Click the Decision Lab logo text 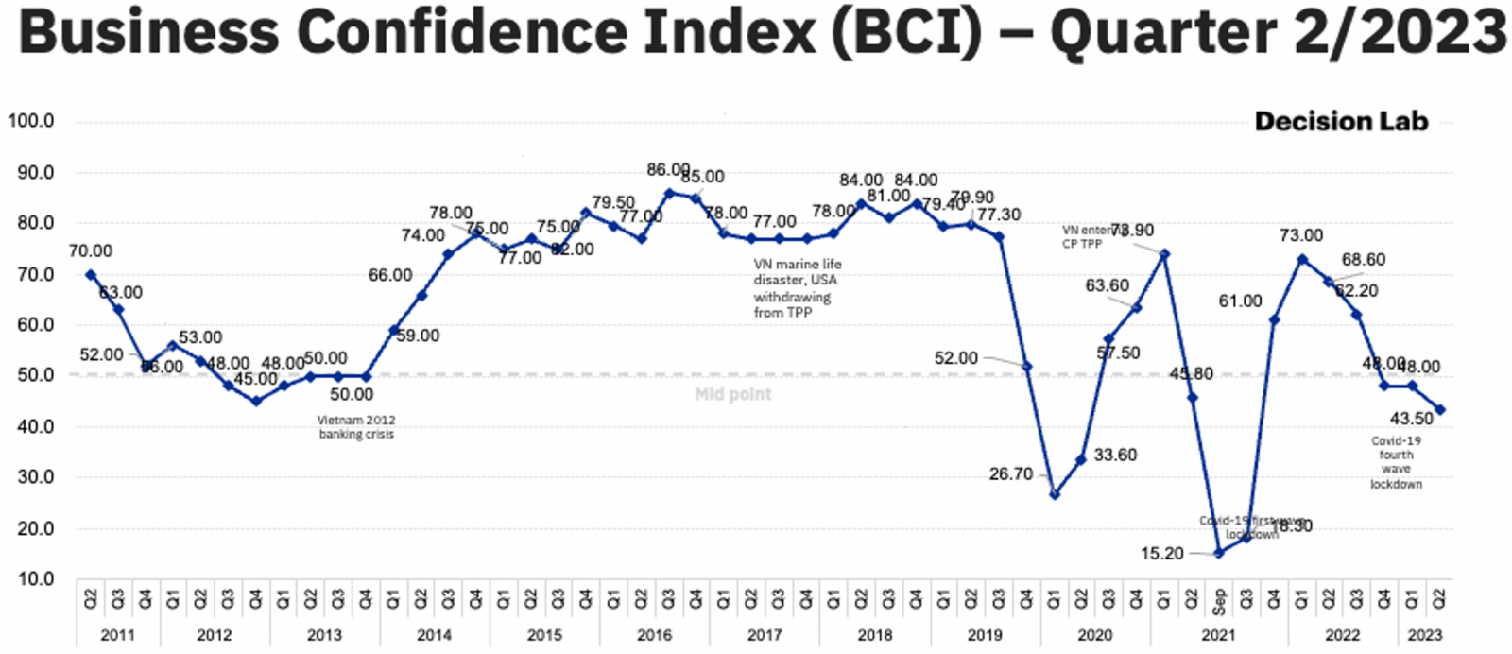click(x=1341, y=121)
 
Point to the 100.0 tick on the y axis click(x=31, y=121)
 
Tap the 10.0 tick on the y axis click(x=31, y=578)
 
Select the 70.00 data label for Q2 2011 click(x=91, y=250)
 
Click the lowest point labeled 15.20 click(x=1219, y=553)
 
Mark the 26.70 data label click(x=1011, y=473)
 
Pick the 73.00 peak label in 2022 click(x=1301, y=235)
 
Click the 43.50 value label click(x=1412, y=419)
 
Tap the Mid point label click(x=733, y=394)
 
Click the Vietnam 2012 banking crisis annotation click(x=356, y=427)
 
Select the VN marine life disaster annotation click(x=797, y=287)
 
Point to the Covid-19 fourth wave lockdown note click(x=1396, y=462)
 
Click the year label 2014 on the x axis click(x=434, y=635)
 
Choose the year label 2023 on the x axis click(x=1425, y=635)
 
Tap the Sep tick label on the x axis click(x=1219, y=601)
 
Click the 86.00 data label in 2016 click(x=668, y=170)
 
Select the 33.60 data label click(x=1115, y=455)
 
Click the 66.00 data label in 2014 click(x=390, y=275)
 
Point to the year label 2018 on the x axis click(x=874, y=635)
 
